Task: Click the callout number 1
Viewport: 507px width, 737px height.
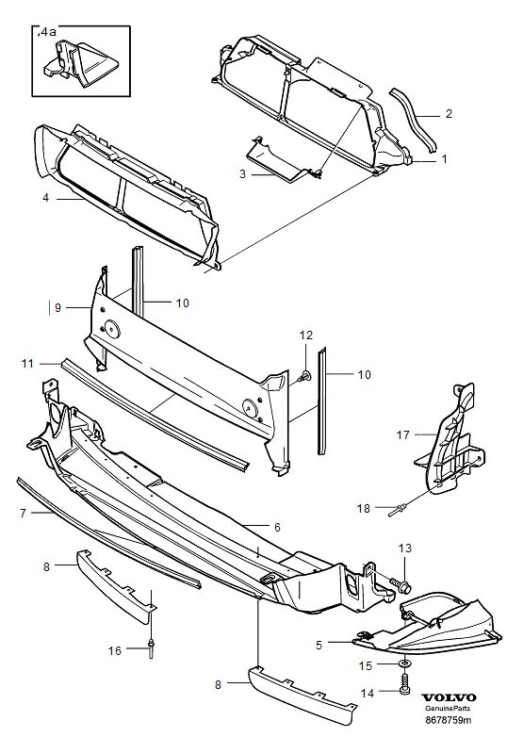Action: point(444,160)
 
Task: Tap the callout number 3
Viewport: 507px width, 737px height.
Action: point(242,174)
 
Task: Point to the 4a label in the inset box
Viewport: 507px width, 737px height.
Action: point(47,32)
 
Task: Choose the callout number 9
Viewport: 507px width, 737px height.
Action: point(57,307)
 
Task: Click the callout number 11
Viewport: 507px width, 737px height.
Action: point(28,362)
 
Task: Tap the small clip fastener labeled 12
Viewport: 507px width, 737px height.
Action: point(305,376)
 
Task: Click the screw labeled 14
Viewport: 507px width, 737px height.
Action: point(404,691)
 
